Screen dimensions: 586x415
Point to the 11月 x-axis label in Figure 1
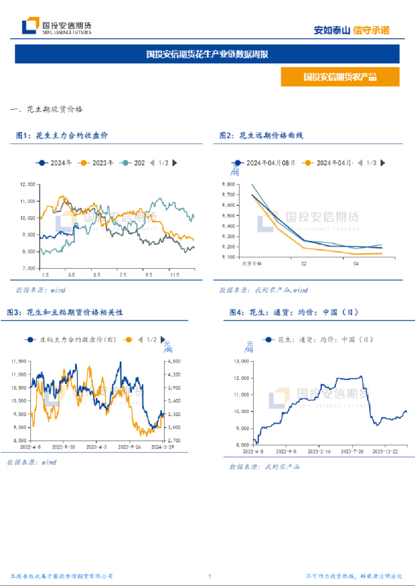tap(174, 275)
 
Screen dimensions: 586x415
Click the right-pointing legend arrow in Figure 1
tap(175, 162)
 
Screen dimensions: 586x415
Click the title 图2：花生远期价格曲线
tap(261, 135)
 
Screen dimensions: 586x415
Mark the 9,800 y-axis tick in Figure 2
tap(228, 184)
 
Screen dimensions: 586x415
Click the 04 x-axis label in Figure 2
tap(357, 263)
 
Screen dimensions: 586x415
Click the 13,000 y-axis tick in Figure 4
tap(242, 361)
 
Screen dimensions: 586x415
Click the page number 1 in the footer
tap(210, 576)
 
